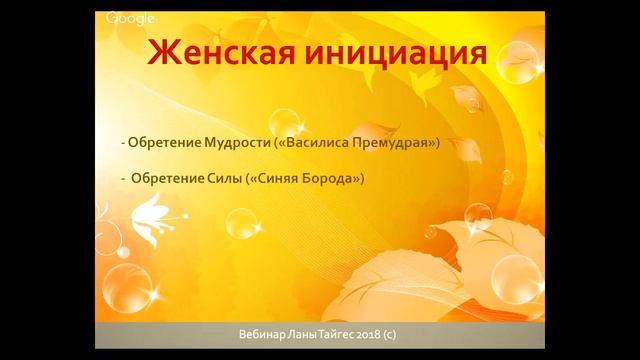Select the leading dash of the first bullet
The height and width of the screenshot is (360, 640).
[x=120, y=143]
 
